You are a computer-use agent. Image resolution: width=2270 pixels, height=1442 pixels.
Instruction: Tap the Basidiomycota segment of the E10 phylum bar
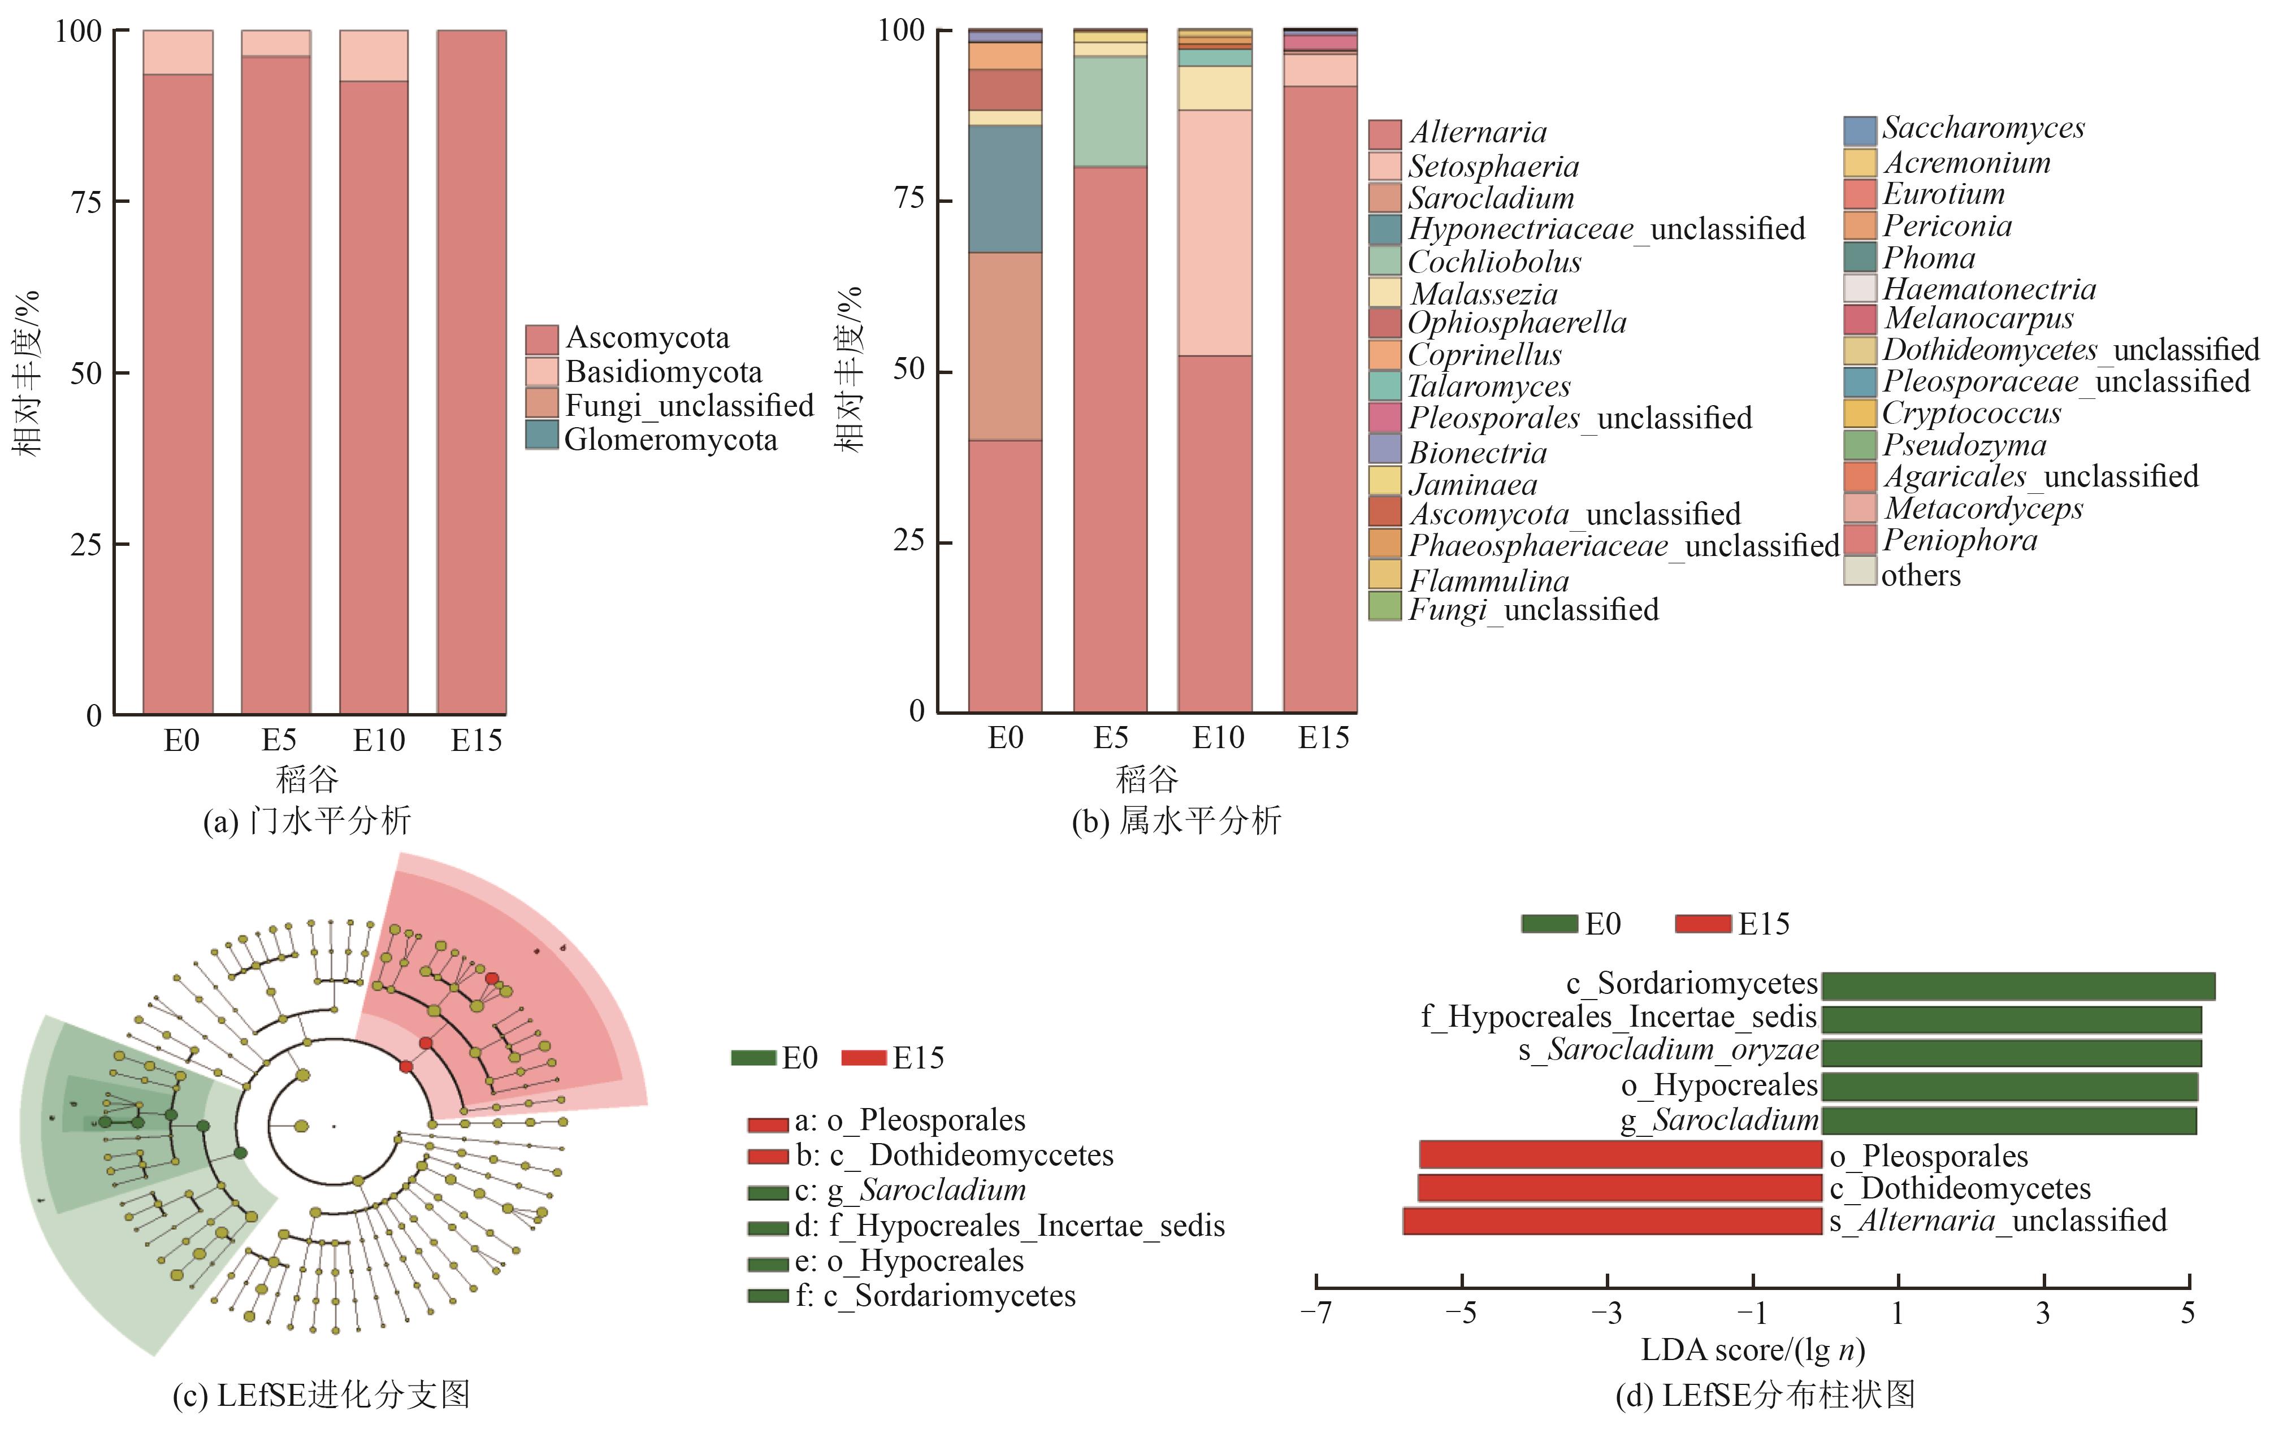(374, 55)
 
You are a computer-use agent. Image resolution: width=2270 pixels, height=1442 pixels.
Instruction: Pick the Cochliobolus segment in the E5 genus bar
(1111, 112)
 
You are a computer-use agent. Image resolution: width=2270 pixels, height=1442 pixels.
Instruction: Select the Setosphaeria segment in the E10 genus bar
(1215, 233)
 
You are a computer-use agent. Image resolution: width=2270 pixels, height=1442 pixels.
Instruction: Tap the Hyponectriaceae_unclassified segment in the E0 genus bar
(1006, 189)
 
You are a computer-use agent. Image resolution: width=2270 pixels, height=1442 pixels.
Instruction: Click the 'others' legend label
(1921, 575)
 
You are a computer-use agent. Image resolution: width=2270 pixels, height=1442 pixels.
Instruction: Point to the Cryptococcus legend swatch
(1860, 414)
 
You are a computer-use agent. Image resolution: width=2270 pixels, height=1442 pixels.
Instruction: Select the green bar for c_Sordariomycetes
(2018, 987)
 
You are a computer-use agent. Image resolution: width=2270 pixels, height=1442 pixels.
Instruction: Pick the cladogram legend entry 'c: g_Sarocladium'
(887, 1191)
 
